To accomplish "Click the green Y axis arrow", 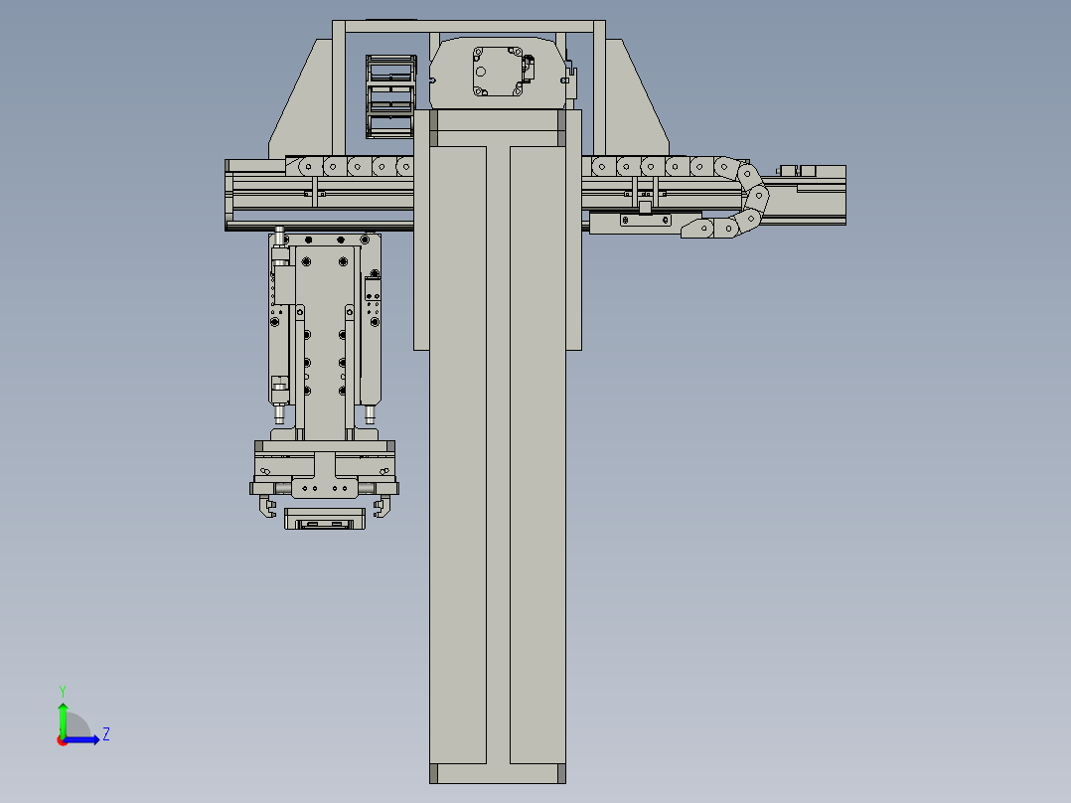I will click(x=63, y=718).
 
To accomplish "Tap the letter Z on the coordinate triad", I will click(x=106, y=734).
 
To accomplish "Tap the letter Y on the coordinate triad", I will click(x=62, y=689).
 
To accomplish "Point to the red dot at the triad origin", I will click(x=62, y=739).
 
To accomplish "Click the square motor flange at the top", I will click(x=498, y=71).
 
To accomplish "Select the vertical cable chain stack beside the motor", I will click(x=389, y=96).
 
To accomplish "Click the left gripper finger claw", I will click(x=265, y=509).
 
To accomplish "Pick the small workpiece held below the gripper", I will click(x=324, y=519).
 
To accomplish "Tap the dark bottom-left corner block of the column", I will click(x=434, y=773).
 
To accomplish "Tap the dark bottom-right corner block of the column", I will click(x=561, y=773).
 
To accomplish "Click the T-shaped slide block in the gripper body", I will click(x=325, y=473).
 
